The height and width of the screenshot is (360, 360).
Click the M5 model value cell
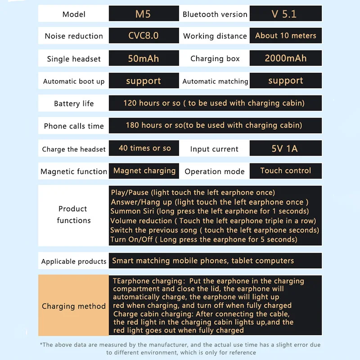tap(143, 14)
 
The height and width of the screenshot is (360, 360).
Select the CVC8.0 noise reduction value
tap(143, 36)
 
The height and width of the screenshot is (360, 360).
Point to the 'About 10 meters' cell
tap(286, 36)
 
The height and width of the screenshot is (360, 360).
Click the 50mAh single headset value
tap(143, 58)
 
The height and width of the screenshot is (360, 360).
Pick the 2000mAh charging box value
tap(286, 58)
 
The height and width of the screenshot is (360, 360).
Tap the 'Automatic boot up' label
tap(74, 81)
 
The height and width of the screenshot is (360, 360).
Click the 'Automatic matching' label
tap(215, 81)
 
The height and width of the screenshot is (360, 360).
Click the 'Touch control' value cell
tap(286, 171)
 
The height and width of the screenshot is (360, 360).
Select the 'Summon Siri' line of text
tap(210, 211)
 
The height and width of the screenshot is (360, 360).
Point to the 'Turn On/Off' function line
tap(204, 239)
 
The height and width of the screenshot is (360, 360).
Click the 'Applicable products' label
tap(74, 261)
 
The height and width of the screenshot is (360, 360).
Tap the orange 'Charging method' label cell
tap(74, 306)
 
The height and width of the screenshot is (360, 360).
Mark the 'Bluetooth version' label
tap(215, 14)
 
